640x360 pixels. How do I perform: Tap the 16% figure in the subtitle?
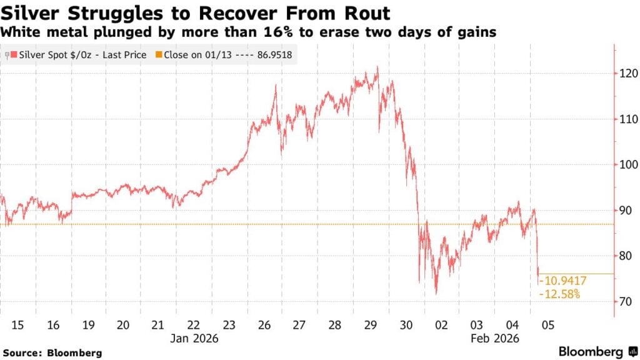pos(271,32)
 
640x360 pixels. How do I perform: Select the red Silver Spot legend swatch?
pos(14,55)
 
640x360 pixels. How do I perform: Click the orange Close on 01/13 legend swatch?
pos(159,55)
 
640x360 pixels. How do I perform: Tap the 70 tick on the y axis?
pos(624,302)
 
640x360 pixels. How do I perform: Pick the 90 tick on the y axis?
pos(624,211)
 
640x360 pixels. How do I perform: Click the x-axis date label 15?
pos(17,325)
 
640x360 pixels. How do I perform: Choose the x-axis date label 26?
pos(264,325)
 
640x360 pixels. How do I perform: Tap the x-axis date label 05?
pos(548,325)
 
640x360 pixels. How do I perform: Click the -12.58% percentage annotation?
pos(559,294)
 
